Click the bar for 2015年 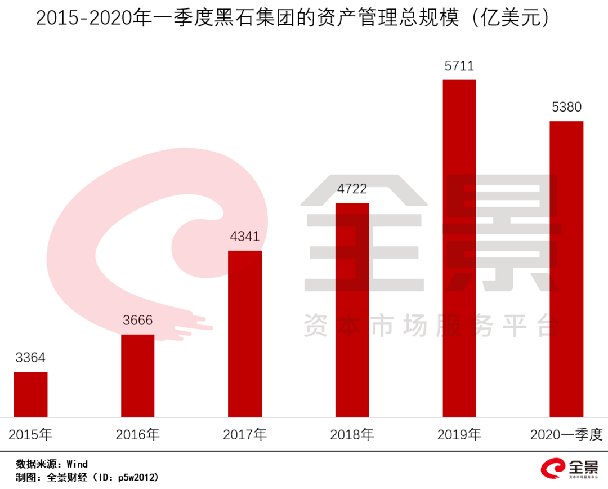[x=30, y=394]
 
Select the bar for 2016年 [x=137, y=376]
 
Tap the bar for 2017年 [x=245, y=334]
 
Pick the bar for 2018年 [x=352, y=310]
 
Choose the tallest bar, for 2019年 [x=459, y=248]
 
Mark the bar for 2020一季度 [x=566, y=269]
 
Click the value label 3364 [x=30, y=358]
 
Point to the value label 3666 [x=137, y=321]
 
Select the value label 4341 [x=245, y=237]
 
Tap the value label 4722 [x=352, y=189]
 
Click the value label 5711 [x=459, y=66]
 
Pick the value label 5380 [x=566, y=107]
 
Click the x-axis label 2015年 [x=30, y=435]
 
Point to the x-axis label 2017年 [x=245, y=435]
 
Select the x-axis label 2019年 [x=459, y=435]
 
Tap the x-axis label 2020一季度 [x=566, y=435]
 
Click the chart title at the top [x=292, y=18]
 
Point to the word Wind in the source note [x=77, y=464]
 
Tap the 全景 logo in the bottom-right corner [x=569, y=469]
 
